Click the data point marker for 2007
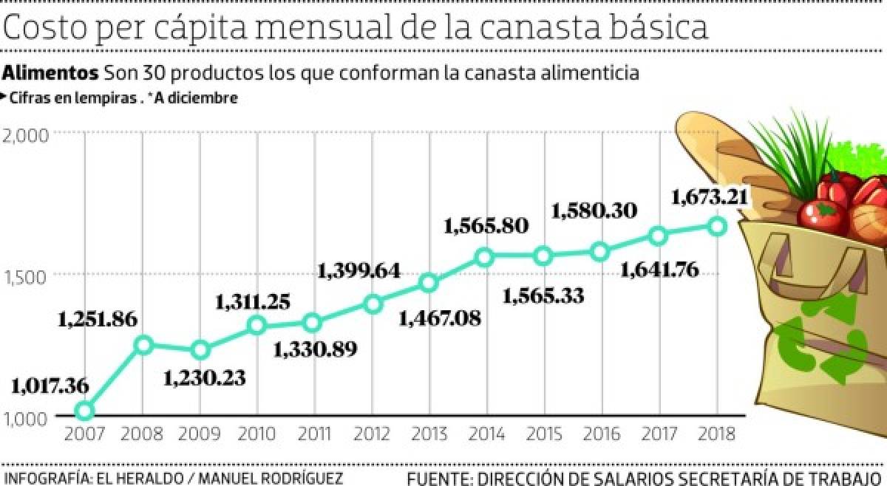point(85,411)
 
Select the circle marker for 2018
point(716,227)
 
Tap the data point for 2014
point(485,257)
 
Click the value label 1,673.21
point(710,197)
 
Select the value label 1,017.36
point(50,385)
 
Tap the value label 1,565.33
point(543,295)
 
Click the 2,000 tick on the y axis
point(26,134)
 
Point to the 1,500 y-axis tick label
point(26,275)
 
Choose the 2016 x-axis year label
point(600,434)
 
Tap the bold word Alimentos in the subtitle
point(51,73)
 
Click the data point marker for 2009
point(200,349)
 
